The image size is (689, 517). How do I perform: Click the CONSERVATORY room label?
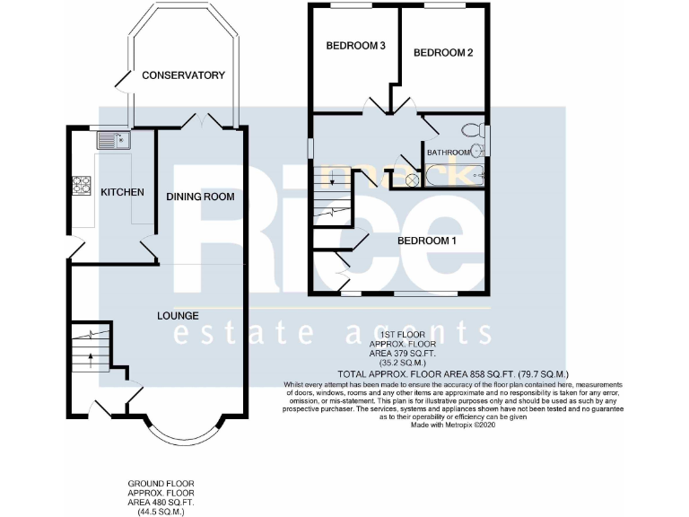click(x=183, y=75)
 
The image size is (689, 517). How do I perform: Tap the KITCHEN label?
click(x=121, y=192)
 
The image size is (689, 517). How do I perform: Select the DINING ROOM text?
click(x=200, y=197)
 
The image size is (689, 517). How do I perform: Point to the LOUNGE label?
click(x=178, y=316)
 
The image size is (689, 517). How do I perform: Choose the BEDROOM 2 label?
click(x=442, y=53)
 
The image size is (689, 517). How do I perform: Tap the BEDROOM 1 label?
click(x=427, y=241)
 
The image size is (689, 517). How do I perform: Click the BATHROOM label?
click(x=449, y=153)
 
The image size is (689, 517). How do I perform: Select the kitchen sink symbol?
click(x=113, y=139)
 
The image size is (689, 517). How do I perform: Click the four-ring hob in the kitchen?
click(x=82, y=185)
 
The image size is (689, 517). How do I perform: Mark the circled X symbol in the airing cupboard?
click(x=412, y=180)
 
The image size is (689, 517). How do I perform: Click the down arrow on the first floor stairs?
click(x=333, y=181)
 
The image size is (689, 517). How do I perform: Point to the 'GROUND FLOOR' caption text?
click(x=161, y=484)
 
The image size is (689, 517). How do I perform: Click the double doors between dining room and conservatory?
click(x=201, y=121)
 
